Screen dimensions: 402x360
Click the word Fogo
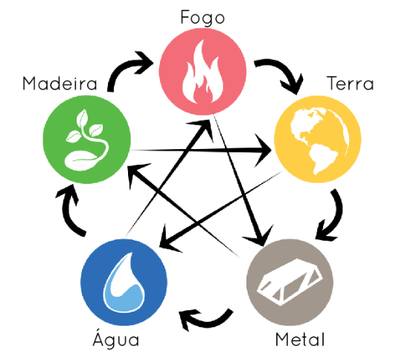(202, 17)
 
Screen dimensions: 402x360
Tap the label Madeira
(60, 83)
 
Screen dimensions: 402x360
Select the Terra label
(351, 83)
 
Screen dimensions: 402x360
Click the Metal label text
(300, 339)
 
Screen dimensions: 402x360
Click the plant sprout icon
(87, 140)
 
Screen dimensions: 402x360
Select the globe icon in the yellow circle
(319, 141)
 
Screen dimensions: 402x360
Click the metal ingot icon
(289, 282)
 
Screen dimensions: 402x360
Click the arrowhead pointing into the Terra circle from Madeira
(263, 151)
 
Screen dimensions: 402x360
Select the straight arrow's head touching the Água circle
(168, 239)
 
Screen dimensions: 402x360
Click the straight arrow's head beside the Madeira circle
(136, 172)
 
